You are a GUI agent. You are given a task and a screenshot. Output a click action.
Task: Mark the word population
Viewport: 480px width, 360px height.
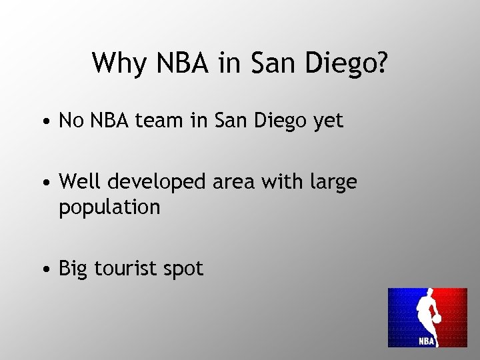point(110,208)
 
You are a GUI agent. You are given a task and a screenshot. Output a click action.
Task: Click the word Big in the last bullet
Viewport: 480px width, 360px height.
point(74,269)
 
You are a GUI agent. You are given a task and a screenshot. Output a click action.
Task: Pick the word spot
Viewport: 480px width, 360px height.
point(184,270)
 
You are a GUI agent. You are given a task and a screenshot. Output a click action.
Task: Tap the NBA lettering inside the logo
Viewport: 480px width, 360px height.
point(427,341)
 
